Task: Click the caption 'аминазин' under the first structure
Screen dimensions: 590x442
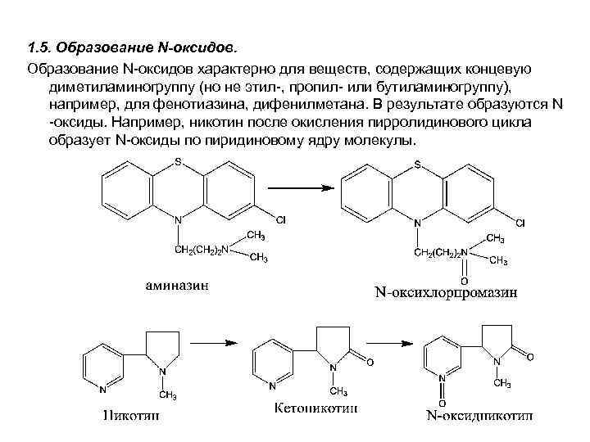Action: coord(176,286)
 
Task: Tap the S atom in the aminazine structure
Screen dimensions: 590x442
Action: coord(178,163)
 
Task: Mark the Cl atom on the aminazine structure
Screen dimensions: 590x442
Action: coord(280,220)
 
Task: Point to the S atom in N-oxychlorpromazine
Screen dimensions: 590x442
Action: coord(417,165)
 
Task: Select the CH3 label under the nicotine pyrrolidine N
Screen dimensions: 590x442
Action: coord(167,396)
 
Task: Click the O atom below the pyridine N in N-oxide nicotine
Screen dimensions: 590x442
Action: coord(442,404)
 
